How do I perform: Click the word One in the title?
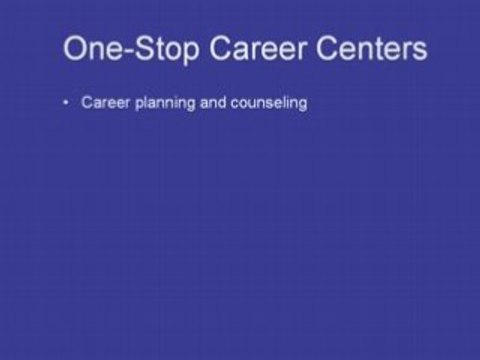(87, 48)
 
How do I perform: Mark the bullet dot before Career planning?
(65, 103)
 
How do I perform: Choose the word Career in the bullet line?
(101, 103)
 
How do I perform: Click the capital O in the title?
(75, 48)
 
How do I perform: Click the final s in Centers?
(420, 50)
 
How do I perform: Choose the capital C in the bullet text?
(86, 103)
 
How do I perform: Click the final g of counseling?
(300, 105)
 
